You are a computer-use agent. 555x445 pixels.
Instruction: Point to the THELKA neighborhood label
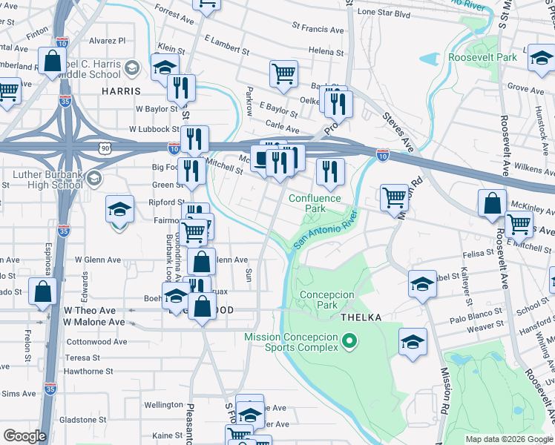[x=361, y=317]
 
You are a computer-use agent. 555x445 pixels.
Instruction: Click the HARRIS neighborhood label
[x=121, y=90]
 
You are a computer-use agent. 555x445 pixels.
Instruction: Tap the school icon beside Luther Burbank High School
[x=93, y=178]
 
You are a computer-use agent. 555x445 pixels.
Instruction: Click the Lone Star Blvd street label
[x=384, y=13]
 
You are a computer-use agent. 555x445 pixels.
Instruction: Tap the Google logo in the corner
[x=24, y=436]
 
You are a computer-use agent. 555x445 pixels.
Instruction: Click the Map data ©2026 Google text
[x=508, y=439]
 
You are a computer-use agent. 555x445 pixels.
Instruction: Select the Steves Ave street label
[x=398, y=129]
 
